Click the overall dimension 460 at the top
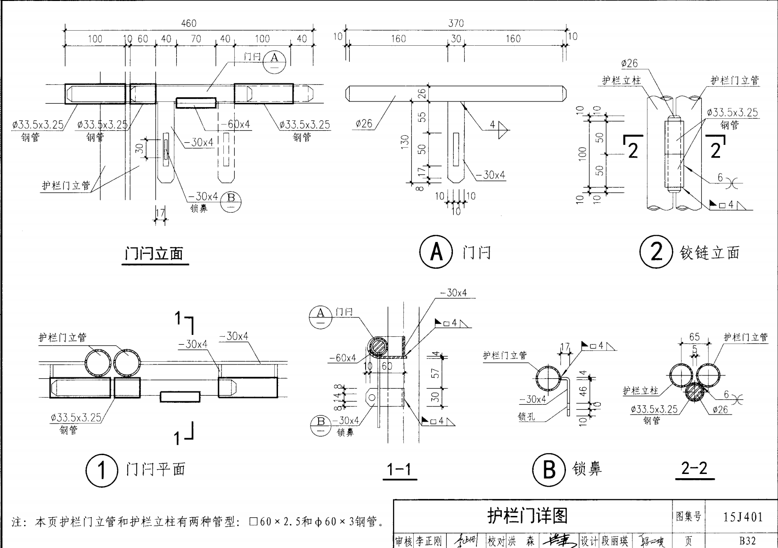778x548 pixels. point(188,24)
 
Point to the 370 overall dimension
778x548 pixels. point(456,23)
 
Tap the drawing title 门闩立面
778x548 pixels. point(154,254)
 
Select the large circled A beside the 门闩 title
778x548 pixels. point(436,252)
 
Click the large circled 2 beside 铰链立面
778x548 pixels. point(656,252)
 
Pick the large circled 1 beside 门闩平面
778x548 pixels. point(101,470)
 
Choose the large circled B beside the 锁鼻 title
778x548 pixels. point(549,470)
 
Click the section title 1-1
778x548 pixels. point(399,470)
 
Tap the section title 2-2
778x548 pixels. point(694,468)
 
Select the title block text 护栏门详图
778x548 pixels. point(527,516)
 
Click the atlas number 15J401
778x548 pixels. point(743,517)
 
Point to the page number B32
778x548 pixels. point(747,541)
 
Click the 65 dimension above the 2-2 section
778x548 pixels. point(694,337)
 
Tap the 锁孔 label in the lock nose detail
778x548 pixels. point(526,417)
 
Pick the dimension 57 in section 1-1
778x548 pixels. point(435,373)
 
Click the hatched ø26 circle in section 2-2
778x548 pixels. point(694,392)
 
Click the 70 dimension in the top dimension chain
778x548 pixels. point(196,39)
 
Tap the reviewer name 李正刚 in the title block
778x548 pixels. point(428,541)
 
